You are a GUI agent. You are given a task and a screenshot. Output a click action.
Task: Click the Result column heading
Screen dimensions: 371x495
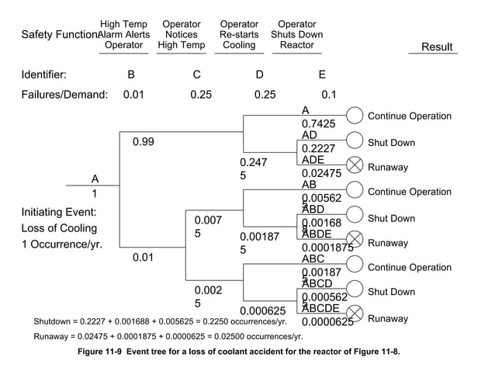point(436,47)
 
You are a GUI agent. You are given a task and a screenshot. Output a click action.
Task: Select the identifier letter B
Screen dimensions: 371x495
point(131,75)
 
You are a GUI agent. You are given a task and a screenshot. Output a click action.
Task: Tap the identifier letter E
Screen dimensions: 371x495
point(322,75)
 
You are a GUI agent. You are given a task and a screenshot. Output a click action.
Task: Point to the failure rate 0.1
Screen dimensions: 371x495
point(328,95)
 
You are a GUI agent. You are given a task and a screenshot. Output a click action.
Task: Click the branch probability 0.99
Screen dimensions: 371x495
point(143,143)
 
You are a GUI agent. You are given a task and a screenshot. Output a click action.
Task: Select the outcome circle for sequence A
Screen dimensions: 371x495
point(354,116)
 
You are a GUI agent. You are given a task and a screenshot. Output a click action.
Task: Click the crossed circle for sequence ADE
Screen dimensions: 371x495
point(354,165)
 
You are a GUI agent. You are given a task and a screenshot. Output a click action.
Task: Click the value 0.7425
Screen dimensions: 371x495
point(318,123)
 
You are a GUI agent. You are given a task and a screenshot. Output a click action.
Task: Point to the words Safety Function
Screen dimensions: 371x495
point(59,35)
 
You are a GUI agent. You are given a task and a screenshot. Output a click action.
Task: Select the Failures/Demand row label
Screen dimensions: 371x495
point(64,95)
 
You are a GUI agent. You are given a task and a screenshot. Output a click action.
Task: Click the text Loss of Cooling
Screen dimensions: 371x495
point(59,228)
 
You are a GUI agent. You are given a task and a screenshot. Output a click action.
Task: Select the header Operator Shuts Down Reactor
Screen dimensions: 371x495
point(296,35)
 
